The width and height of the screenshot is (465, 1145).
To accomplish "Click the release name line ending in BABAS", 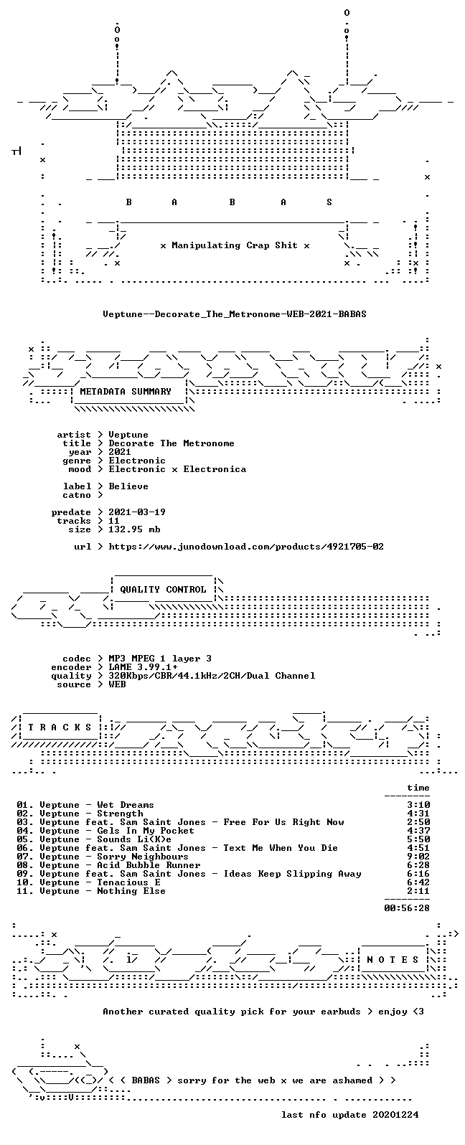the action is pos(234,314).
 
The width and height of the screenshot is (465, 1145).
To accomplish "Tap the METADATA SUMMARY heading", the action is pos(126,392).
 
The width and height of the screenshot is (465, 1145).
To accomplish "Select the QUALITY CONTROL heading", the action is pos(163,590).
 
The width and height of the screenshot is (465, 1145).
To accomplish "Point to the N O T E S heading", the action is pos(393,959).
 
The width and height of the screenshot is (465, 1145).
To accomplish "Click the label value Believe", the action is pos(128,486).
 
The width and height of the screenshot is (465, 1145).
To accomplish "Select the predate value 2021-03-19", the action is pos(137,512).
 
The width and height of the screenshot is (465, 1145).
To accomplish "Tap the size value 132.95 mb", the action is pos(134,529).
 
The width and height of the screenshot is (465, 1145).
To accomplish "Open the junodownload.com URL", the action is pos(246,547).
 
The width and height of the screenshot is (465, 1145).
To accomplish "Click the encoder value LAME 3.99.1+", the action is pos(143,667).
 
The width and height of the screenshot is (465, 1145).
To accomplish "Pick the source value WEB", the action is pos(117,684).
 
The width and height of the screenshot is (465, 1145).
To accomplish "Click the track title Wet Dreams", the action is pos(126,805).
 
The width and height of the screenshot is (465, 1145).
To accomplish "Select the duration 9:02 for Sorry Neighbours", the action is pos(418,857).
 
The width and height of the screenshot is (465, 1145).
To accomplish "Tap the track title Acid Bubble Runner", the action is pos(149,865).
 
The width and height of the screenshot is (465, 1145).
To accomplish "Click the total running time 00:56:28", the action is pos(407,908).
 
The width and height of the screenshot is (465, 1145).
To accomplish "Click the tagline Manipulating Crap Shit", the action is pos(235,245).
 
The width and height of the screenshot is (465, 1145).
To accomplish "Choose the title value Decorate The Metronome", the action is pos(172,443).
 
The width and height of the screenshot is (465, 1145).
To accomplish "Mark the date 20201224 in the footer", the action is pos(395,1114).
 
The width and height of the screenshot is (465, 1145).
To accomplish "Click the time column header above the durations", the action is pos(418,788).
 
